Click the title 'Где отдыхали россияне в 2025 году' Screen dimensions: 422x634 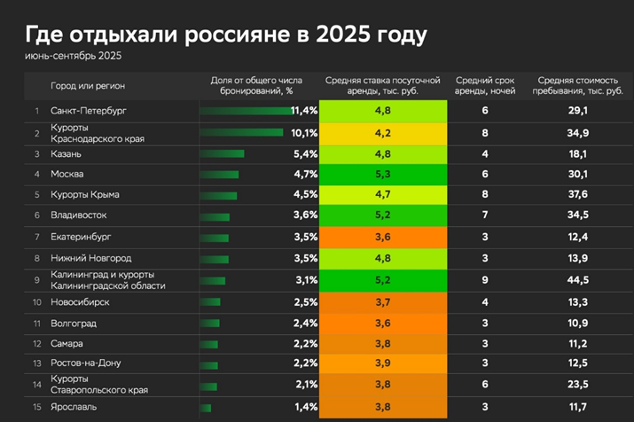coord(226,35)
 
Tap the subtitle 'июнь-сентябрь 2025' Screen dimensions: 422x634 coord(74,57)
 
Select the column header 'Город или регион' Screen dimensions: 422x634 coord(88,86)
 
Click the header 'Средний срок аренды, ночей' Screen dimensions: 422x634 coord(485,86)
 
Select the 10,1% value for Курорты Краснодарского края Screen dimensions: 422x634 coord(304,133)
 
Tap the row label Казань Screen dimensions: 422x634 coord(67,153)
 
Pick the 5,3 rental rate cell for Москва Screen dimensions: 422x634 coord(383,174)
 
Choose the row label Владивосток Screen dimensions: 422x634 coord(79,215)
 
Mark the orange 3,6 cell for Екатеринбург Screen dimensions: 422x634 coord(383,237)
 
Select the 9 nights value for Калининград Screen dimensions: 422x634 coord(485,280)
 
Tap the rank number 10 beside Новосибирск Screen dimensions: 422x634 coord(37,302)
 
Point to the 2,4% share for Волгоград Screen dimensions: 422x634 coord(305,323)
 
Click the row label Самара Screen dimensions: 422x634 coord(67,343)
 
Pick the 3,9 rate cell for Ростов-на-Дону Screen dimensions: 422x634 coord(383,363)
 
